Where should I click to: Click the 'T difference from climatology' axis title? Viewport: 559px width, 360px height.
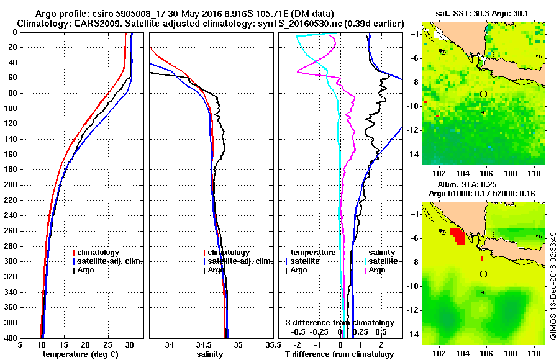tap(339, 354)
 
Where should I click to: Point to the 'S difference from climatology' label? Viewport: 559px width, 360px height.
tap(339, 323)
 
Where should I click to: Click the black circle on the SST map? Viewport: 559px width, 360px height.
tap(483, 94)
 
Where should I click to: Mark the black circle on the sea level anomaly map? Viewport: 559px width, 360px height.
tap(483, 274)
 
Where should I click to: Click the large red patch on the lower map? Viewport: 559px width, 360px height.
tap(458, 236)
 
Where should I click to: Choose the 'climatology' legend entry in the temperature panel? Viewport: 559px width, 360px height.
tap(98, 253)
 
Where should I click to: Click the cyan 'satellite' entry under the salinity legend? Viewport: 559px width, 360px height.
tap(379, 261)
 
